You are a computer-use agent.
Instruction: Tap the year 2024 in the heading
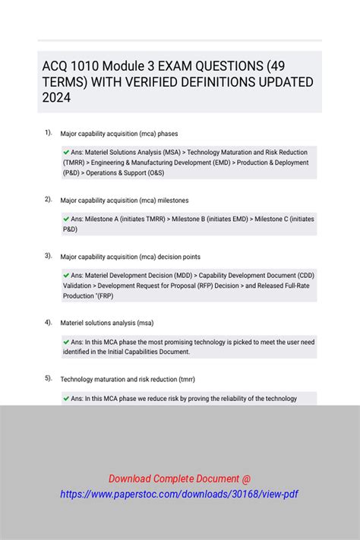(57, 98)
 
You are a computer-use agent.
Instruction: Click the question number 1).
(48, 133)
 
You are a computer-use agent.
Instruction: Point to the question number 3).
(48, 256)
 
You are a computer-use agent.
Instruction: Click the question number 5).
(48, 378)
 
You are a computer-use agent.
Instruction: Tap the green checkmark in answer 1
(66, 152)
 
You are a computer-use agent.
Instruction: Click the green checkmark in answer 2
(66, 219)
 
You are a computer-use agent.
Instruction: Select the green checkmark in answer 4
(66, 343)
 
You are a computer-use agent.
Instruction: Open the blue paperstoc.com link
(179, 494)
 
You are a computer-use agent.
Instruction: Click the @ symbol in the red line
(247, 478)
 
